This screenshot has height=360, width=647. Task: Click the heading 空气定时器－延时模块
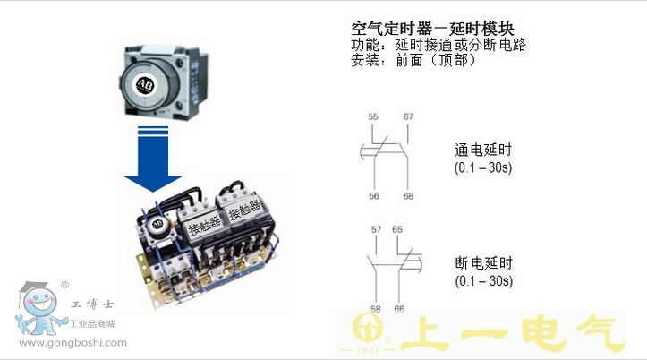tap(432, 29)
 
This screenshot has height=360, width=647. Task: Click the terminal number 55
tap(373, 116)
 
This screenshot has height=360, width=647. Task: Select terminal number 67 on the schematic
tap(408, 116)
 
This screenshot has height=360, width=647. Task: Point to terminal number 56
tap(374, 196)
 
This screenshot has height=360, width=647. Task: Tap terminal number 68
tap(408, 196)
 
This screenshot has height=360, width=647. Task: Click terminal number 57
tap(377, 229)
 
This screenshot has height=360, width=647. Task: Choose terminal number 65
tap(397, 229)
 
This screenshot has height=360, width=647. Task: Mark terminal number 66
tap(399, 309)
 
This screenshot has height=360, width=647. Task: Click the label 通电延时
tap(483, 150)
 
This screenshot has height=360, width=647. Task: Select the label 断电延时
tap(484, 262)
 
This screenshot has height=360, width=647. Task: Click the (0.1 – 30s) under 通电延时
tap(483, 167)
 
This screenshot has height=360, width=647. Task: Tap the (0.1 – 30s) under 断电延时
tap(484, 281)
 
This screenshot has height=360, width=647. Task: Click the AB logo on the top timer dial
tap(145, 85)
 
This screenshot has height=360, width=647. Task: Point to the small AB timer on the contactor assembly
tap(157, 225)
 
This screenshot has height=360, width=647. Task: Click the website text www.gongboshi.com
tap(73, 343)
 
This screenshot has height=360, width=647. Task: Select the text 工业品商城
tap(92, 324)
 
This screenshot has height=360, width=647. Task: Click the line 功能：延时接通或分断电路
tap(438, 45)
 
